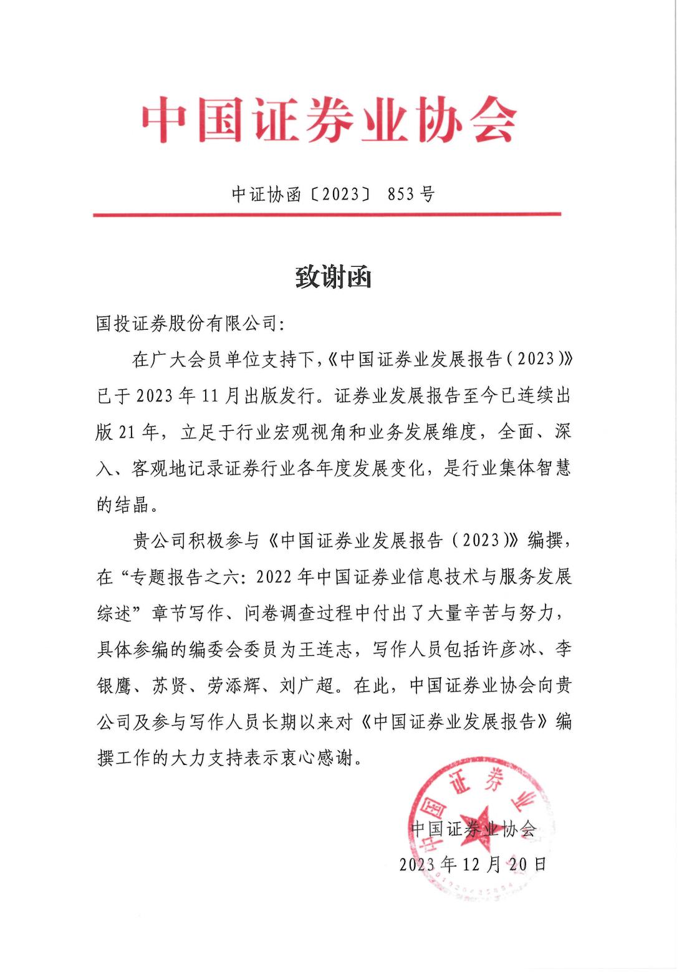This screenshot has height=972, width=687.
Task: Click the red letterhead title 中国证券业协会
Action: coord(329,120)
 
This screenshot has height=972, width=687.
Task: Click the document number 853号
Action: coord(410,194)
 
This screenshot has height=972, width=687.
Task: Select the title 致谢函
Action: coord(333,277)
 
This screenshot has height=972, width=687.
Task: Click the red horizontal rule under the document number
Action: coord(327,214)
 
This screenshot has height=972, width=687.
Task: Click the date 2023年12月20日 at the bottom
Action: coord(473,864)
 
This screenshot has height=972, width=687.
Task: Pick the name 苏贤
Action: coord(168,686)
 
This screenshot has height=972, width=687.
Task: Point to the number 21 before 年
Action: coord(127,431)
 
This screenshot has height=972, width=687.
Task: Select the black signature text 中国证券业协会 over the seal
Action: coord(473,829)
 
